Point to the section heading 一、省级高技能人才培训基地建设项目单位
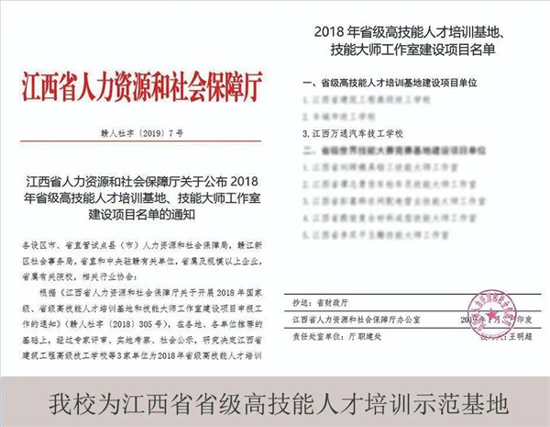403,82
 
